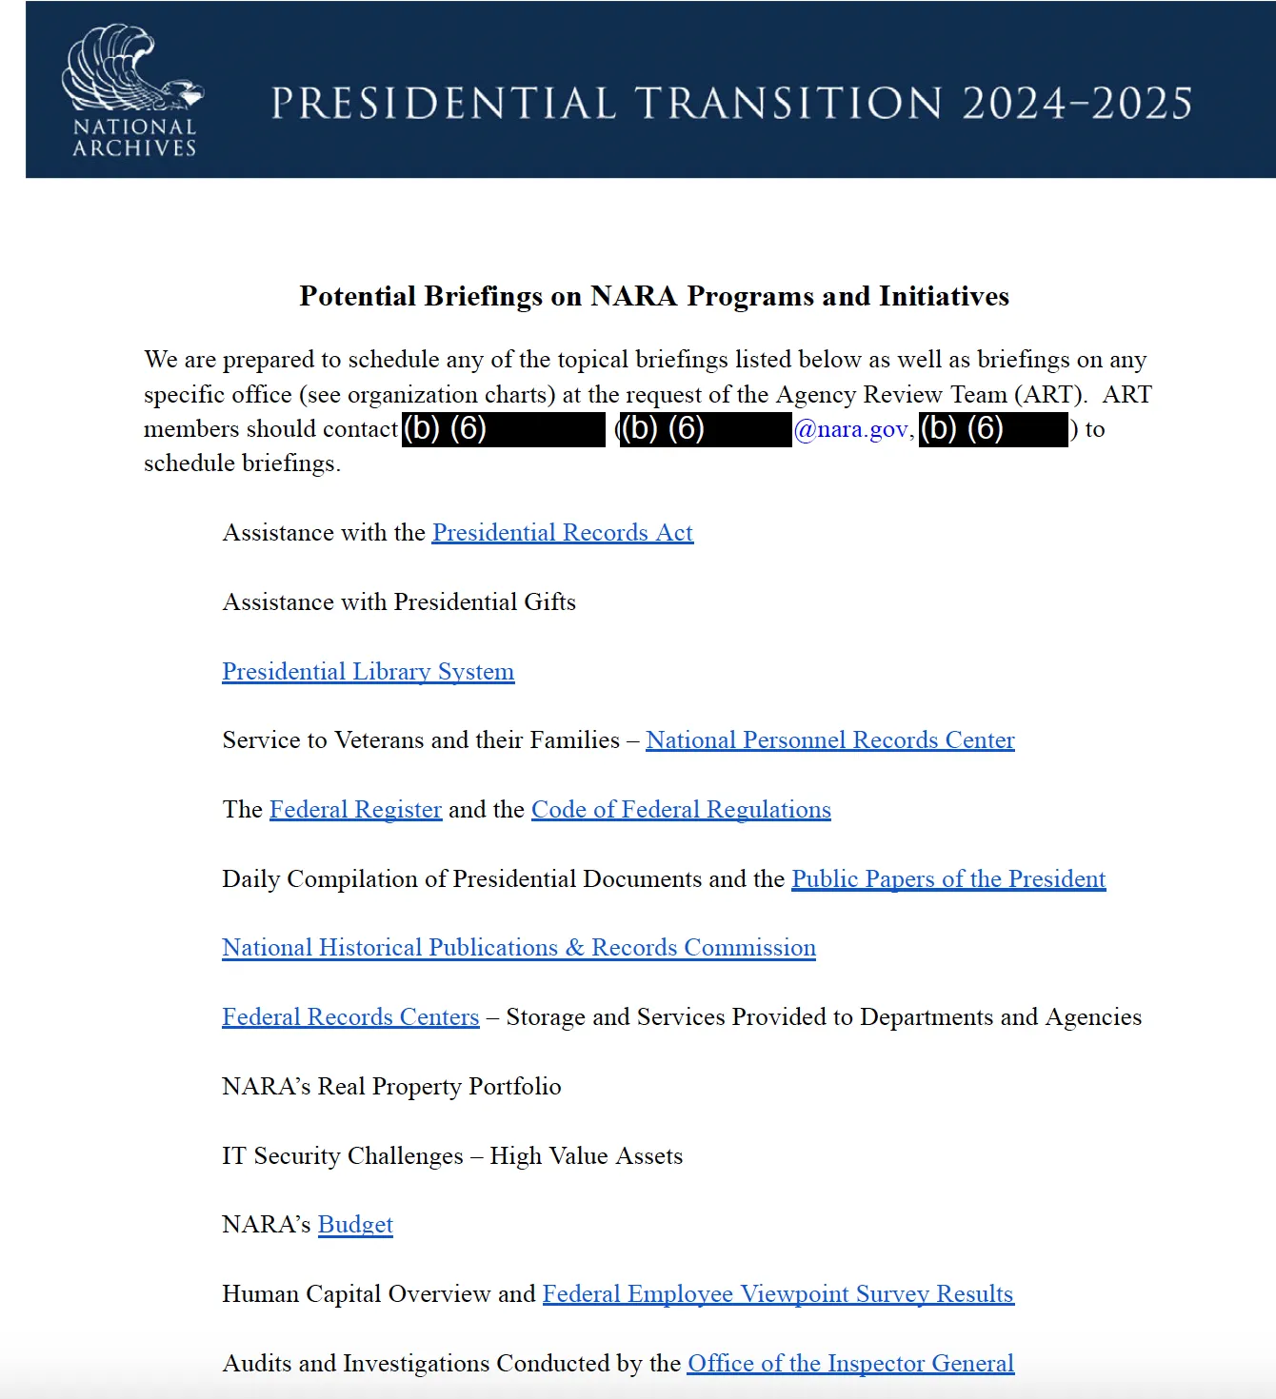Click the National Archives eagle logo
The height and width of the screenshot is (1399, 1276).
pyautogui.click(x=133, y=89)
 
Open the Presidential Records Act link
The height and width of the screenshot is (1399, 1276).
pyautogui.click(x=562, y=533)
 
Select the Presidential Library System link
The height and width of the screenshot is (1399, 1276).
pyautogui.click(x=368, y=672)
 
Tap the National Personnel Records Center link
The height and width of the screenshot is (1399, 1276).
pyautogui.click(x=829, y=740)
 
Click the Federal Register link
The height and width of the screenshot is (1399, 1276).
pyautogui.click(x=355, y=810)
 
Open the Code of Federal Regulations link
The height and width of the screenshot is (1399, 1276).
pyautogui.click(x=681, y=810)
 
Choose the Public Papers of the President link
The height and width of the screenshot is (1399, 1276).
pyautogui.click(x=948, y=879)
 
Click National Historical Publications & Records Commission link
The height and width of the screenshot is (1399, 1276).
pyautogui.click(x=519, y=948)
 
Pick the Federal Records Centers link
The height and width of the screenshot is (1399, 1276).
pyautogui.click(x=350, y=1017)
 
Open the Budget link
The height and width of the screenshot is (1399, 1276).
pyautogui.click(x=355, y=1225)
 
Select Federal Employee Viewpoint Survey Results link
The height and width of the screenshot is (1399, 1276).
pyautogui.click(x=778, y=1294)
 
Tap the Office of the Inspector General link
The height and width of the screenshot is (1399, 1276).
pyautogui.click(x=850, y=1364)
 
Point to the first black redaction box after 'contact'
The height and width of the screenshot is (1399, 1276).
pyautogui.click(x=504, y=429)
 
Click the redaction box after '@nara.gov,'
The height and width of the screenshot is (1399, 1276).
pyautogui.click(x=992, y=429)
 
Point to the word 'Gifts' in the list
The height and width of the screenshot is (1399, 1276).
pyautogui.click(x=549, y=602)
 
